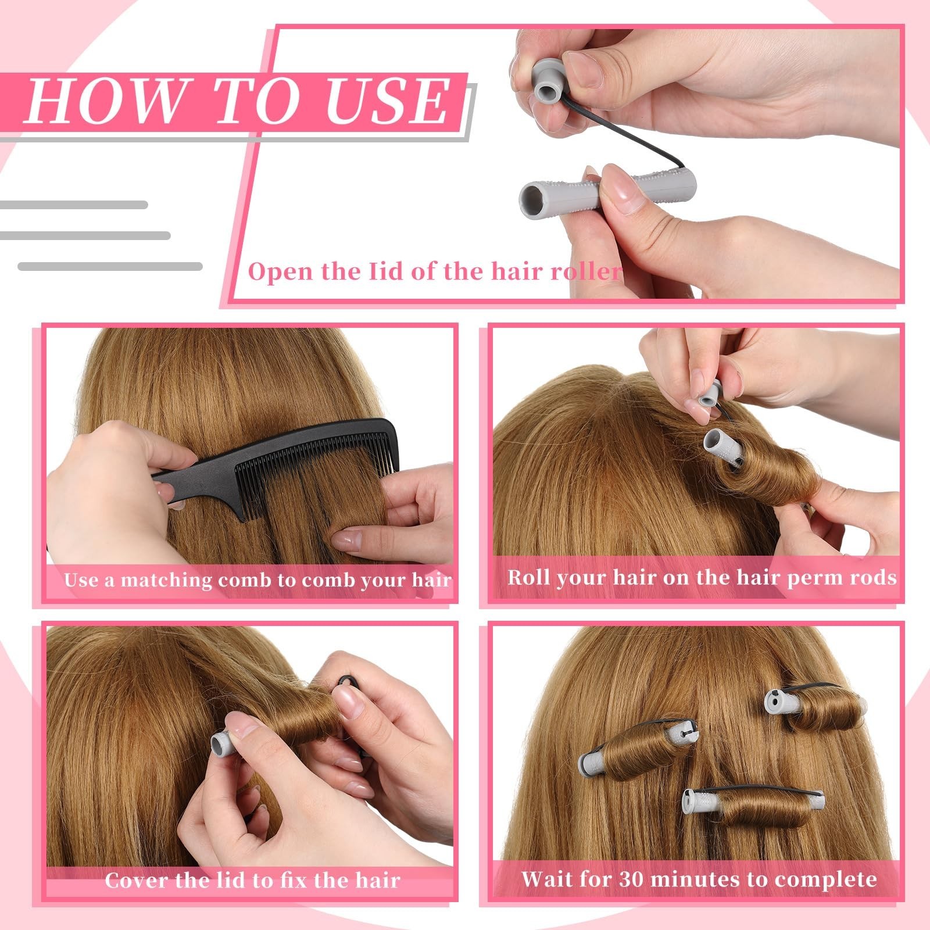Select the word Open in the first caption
click(x=280, y=271)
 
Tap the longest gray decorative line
click(x=110, y=266)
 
